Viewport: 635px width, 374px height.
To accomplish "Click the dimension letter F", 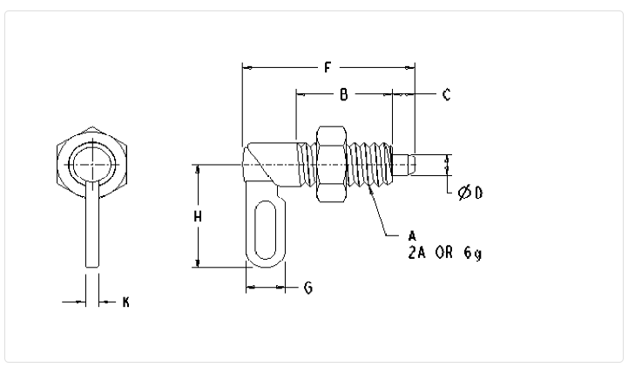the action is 328,67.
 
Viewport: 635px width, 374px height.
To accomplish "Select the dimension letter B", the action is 344,95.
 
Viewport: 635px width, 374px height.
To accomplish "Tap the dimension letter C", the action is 446,95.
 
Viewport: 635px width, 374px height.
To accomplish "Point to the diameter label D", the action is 479,193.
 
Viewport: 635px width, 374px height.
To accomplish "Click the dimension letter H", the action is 197,217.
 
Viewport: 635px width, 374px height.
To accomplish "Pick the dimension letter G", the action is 308,288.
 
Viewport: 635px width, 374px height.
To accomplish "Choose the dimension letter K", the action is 126,302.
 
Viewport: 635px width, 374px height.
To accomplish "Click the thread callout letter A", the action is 412,236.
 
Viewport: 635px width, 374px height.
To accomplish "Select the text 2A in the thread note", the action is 416,253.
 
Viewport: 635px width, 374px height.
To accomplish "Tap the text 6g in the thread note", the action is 473,253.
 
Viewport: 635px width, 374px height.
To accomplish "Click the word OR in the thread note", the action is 444,253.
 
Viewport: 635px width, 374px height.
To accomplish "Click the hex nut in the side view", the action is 331,164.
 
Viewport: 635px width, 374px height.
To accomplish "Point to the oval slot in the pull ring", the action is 266,229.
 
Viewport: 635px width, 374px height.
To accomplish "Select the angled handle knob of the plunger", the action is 271,165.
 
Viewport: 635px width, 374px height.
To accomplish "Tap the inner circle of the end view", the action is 92,165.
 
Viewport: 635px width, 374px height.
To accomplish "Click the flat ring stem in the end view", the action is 92,224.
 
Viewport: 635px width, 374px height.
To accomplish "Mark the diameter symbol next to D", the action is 464,193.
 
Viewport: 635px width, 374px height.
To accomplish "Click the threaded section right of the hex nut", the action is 369,164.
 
